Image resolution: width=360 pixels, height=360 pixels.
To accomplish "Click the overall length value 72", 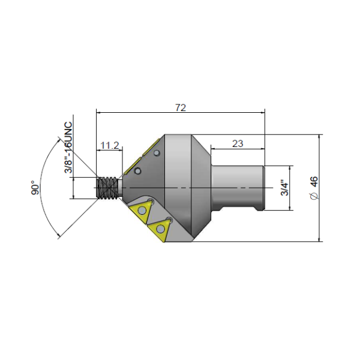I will pyautogui.click(x=181, y=107).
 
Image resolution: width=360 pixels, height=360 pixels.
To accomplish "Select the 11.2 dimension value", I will pyautogui.click(x=110, y=145).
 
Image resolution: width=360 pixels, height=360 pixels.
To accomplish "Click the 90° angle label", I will pyautogui.click(x=36, y=188).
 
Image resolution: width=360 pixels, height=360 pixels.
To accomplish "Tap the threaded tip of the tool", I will pyautogui.click(x=109, y=187).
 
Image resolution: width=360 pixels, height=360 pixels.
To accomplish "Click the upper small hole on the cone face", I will pyautogui.click(x=157, y=154).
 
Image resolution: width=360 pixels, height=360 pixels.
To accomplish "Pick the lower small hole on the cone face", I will pyautogui.click(x=137, y=172).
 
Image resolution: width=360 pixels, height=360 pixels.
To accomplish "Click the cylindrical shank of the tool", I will pyautogui.click(x=238, y=187).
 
